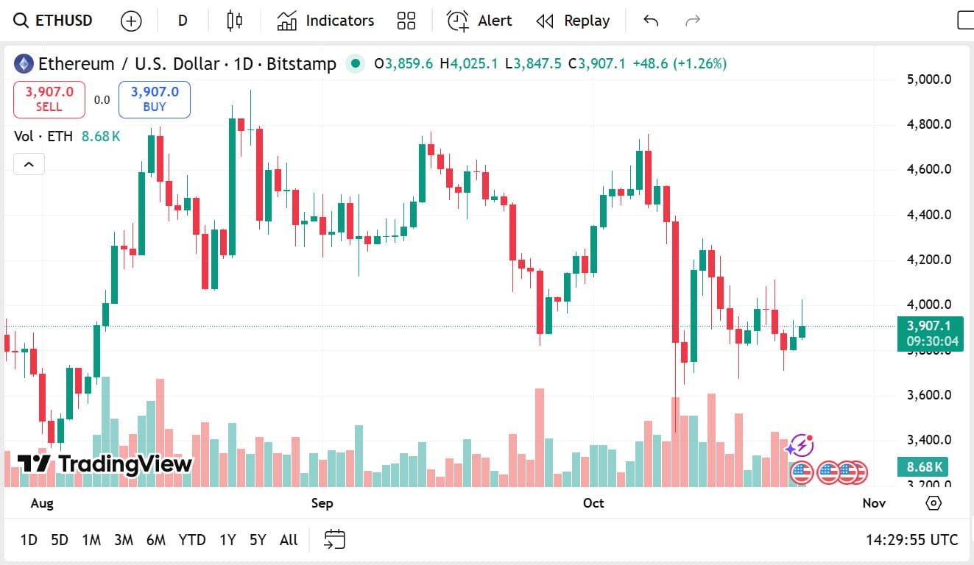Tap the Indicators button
[325, 21]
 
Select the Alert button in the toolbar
[480, 21]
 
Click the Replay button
[573, 21]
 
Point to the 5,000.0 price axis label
[929, 79]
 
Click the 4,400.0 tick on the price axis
[929, 215]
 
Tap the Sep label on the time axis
[322, 503]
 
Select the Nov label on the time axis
[873, 503]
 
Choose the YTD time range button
[192, 540]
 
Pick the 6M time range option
[156, 540]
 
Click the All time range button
[289, 540]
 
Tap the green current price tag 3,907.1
[930, 326]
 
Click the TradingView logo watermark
[105, 463]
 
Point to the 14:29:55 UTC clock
[911, 540]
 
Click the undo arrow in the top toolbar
[651, 21]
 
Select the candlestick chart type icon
[235, 21]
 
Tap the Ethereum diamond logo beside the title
[24, 64]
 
